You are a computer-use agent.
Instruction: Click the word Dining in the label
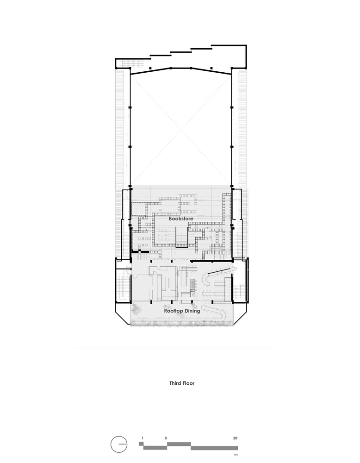pyautogui.click(x=192, y=311)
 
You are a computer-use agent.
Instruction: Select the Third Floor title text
pyautogui.click(x=182, y=383)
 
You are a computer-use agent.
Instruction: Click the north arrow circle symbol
pyautogui.click(x=118, y=444)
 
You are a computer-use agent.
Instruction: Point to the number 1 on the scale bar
pyautogui.click(x=143, y=438)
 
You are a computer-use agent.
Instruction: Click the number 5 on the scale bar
pyautogui.click(x=166, y=438)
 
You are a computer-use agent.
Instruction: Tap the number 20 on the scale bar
pyautogui.click(x=236, y=438)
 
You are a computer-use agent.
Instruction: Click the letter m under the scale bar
pyautogui.click(x=236, y=455)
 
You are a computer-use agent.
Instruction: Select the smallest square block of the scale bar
pyautogui.click(x=141, y=444)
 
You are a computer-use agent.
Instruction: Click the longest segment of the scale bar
pyautogui.click(x=214, y=448)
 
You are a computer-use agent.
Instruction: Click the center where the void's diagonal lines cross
pyautogui.click(x=180, y=128)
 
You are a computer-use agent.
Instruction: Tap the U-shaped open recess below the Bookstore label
pyautogui.click(x=181, y=236)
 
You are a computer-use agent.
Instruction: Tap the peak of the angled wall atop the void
pyautogui.click(x=190, y=68)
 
